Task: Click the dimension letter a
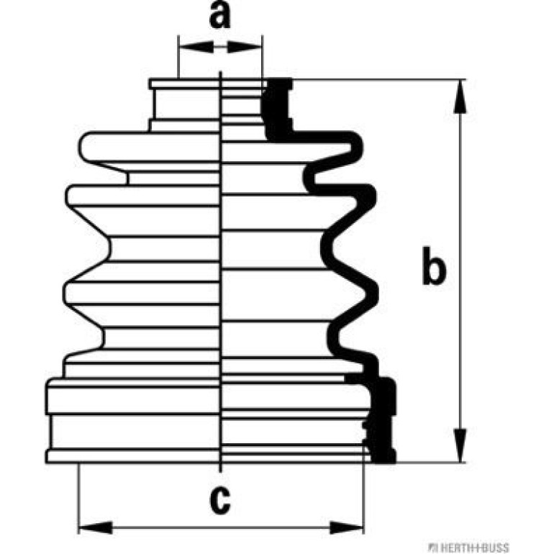[219, 15]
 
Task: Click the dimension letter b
[434, 265]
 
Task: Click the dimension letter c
[219, 500]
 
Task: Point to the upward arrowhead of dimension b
[460, 96]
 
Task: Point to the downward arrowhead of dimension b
[460, 446]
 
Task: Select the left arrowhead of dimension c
[96, 527]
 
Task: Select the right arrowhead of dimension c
[346, 527]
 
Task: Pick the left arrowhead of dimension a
[196, 47]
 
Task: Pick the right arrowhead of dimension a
[245, 47]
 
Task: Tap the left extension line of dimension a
[178, 57]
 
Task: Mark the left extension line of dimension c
[78, 498]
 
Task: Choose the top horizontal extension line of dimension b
[378, 79]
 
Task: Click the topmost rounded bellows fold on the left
[149, 147]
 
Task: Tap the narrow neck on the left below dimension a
[186, 104]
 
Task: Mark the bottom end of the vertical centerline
[220, 472]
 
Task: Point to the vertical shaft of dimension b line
[460, 271]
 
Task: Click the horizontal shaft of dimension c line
[221, 528]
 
